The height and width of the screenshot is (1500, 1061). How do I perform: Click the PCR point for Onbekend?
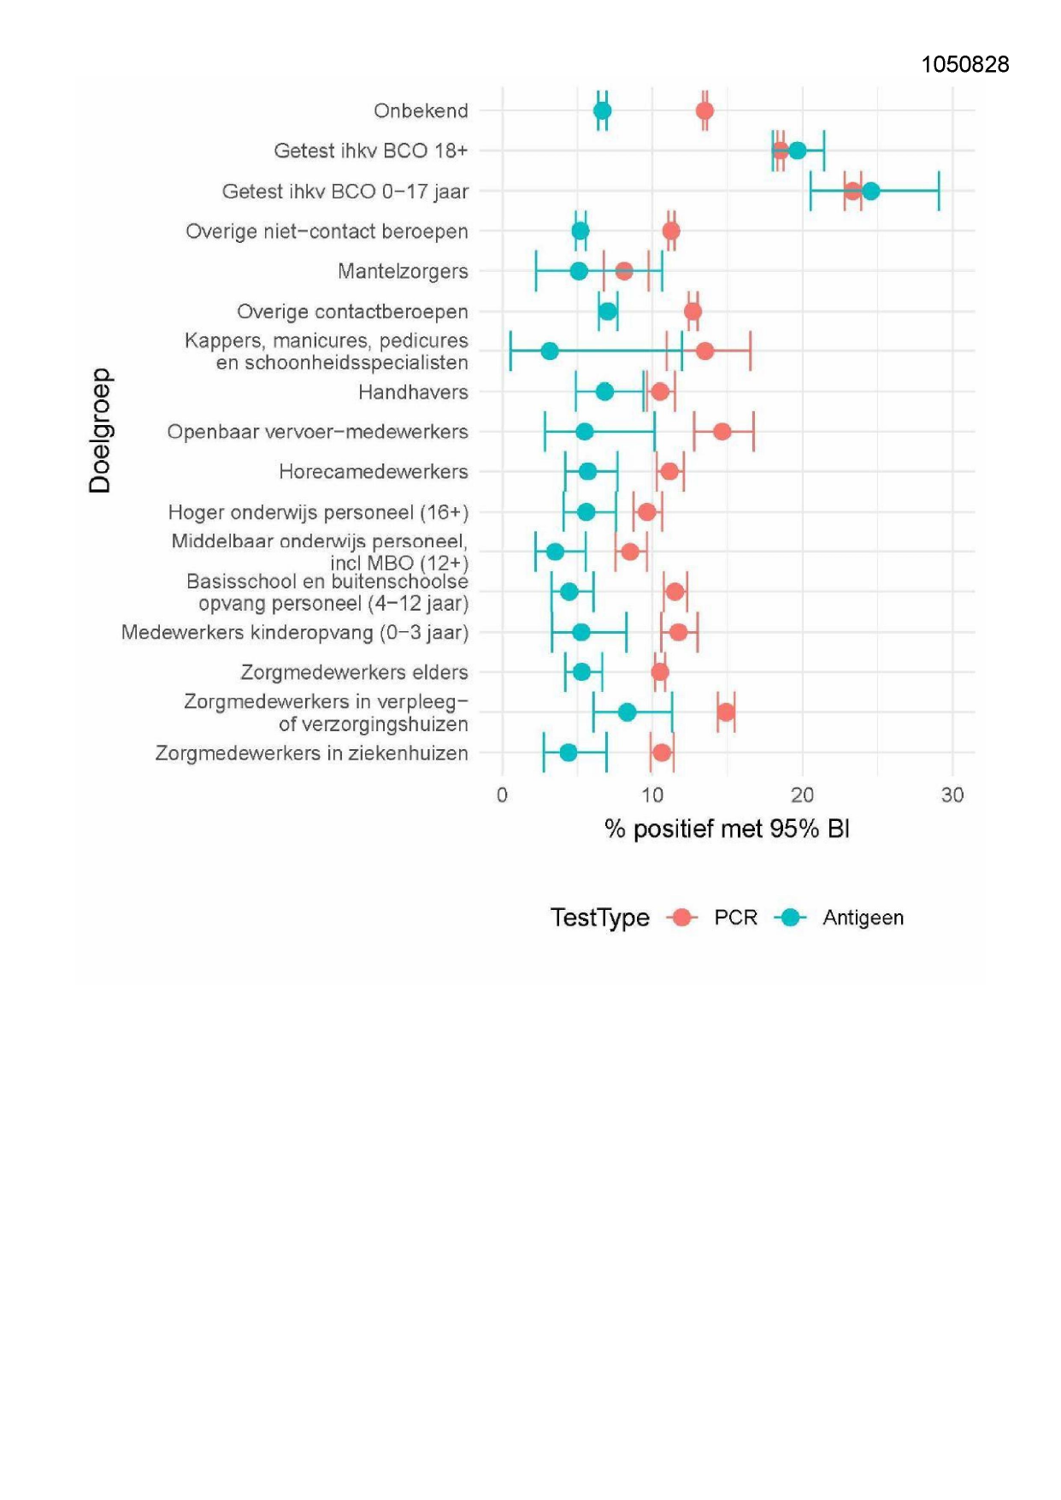coord(704,110)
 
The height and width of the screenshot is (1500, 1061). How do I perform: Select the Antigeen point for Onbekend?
coord(602,110)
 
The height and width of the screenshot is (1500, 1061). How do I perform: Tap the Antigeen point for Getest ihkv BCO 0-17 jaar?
coord(870,191)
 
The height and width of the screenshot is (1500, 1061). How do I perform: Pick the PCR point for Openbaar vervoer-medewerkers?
coord(722,431)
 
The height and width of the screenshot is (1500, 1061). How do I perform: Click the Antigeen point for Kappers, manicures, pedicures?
coord(550,351)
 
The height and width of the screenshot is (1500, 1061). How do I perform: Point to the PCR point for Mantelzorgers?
coord(624,271)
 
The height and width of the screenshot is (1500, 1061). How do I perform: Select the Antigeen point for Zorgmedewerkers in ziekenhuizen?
coord(569,753)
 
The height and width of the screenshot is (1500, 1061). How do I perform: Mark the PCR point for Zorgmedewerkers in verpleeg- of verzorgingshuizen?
coord(726,712)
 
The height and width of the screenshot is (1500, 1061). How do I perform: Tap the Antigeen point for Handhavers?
coord(604,392)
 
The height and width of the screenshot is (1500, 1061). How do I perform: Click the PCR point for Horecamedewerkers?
coord(669,471)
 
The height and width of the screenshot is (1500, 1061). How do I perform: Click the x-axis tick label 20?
coord(802,795)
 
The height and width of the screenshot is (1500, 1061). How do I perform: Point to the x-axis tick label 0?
coord(502,795)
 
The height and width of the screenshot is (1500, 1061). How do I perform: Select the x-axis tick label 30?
coord(952,795)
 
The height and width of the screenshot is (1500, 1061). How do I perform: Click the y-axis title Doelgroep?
coord(100,430)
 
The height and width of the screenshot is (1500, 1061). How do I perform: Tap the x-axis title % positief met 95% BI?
coord(727,829)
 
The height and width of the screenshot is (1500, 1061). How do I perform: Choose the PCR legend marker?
coord(682,918)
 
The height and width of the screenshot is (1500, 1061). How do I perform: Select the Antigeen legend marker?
coord(791,918)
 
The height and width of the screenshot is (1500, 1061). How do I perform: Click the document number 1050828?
coord(964,65)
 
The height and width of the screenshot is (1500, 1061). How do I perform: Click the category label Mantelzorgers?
coord(403,271)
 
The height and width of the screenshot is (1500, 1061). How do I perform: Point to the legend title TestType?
coord(599,918)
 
